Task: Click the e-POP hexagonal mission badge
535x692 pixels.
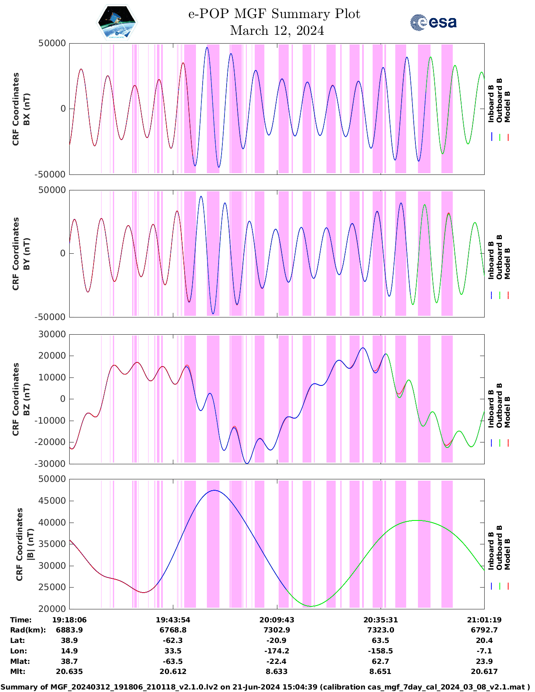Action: [117, 23]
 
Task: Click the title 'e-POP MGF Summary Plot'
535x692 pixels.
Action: [274, 14]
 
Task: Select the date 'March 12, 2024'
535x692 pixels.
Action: [277, 31]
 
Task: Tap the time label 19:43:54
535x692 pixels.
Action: [173, 620]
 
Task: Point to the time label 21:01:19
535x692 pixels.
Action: [484, 620]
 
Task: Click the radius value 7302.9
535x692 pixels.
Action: [277, 630]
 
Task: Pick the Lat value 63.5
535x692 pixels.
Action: [380, 640]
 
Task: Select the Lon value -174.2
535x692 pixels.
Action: [277, 651]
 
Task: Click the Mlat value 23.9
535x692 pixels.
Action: [484, 661]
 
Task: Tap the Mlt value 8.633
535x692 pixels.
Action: [277, 671]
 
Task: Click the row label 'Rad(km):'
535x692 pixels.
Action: [28, 630]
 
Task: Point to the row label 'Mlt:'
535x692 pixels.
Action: [18, 671]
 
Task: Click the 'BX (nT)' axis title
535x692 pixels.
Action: [26, 109]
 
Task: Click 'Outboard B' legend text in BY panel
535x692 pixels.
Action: [499, 257]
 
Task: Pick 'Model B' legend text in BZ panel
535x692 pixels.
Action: [507, 412]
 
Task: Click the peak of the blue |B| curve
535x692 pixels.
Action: [214, 490]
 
